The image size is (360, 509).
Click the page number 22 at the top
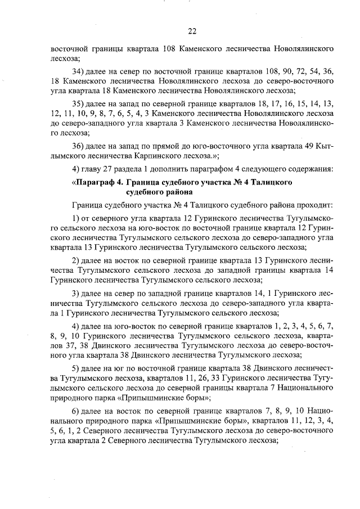coord(192,31)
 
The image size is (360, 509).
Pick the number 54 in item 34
coord(307,72)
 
